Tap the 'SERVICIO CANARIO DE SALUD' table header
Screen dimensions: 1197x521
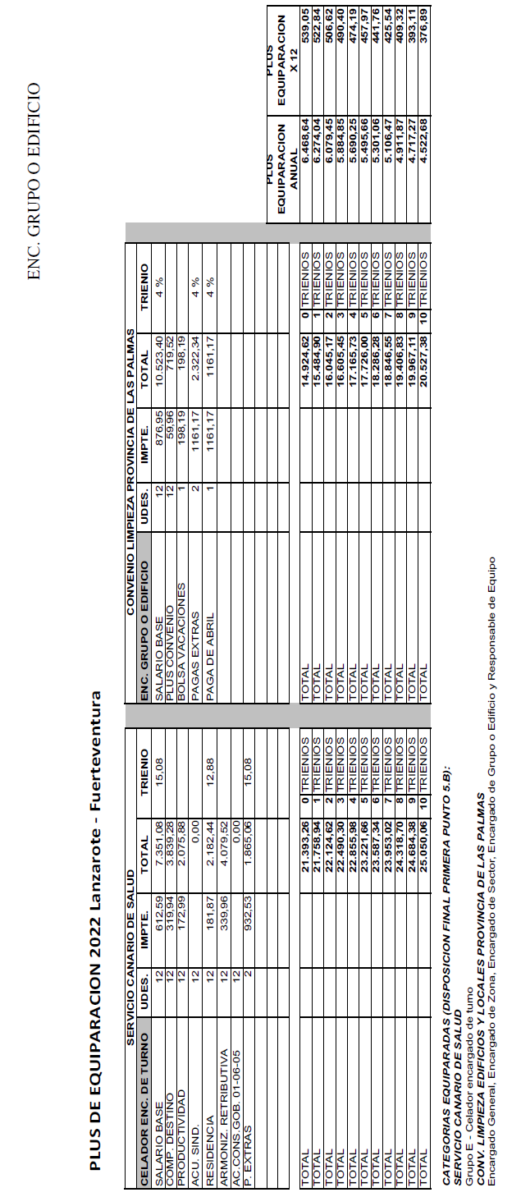click(x=130, y=927)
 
